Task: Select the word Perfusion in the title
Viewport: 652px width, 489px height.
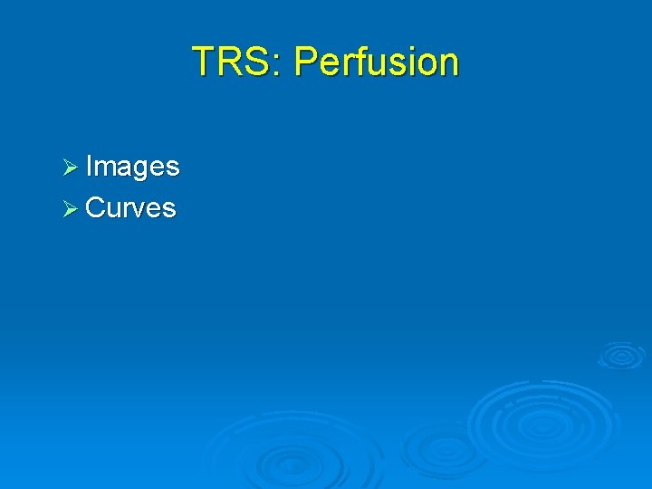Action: click(x=377, y=62)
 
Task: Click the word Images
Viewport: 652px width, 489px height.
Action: click(x=132, y=167)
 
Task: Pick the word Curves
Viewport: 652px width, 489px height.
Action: click(x=130, y=208)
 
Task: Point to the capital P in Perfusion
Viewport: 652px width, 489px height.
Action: click(x=305, y=62)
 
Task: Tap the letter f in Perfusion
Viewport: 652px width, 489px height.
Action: click(x=359, y=62)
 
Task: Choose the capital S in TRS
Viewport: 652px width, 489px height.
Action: click(x=259, y=62)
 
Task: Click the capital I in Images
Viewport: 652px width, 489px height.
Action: click(x=89, y=167)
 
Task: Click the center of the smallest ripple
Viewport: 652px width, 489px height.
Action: click(x=621, y=356)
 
